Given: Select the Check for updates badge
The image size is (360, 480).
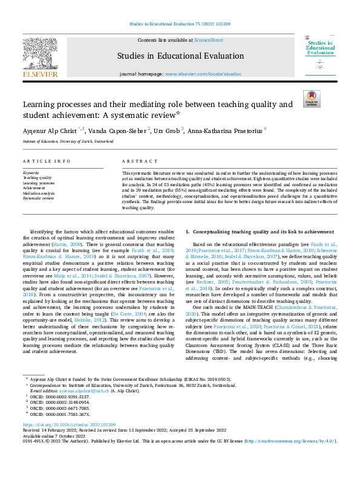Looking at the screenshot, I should coord(311,99).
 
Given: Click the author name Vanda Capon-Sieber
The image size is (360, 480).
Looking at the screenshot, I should coord(117,130).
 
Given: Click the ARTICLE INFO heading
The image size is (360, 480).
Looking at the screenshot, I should coord(46,162).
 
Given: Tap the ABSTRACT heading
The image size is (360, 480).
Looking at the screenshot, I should coord(135,162).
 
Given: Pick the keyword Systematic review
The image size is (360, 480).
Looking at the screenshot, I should coord(39,198).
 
